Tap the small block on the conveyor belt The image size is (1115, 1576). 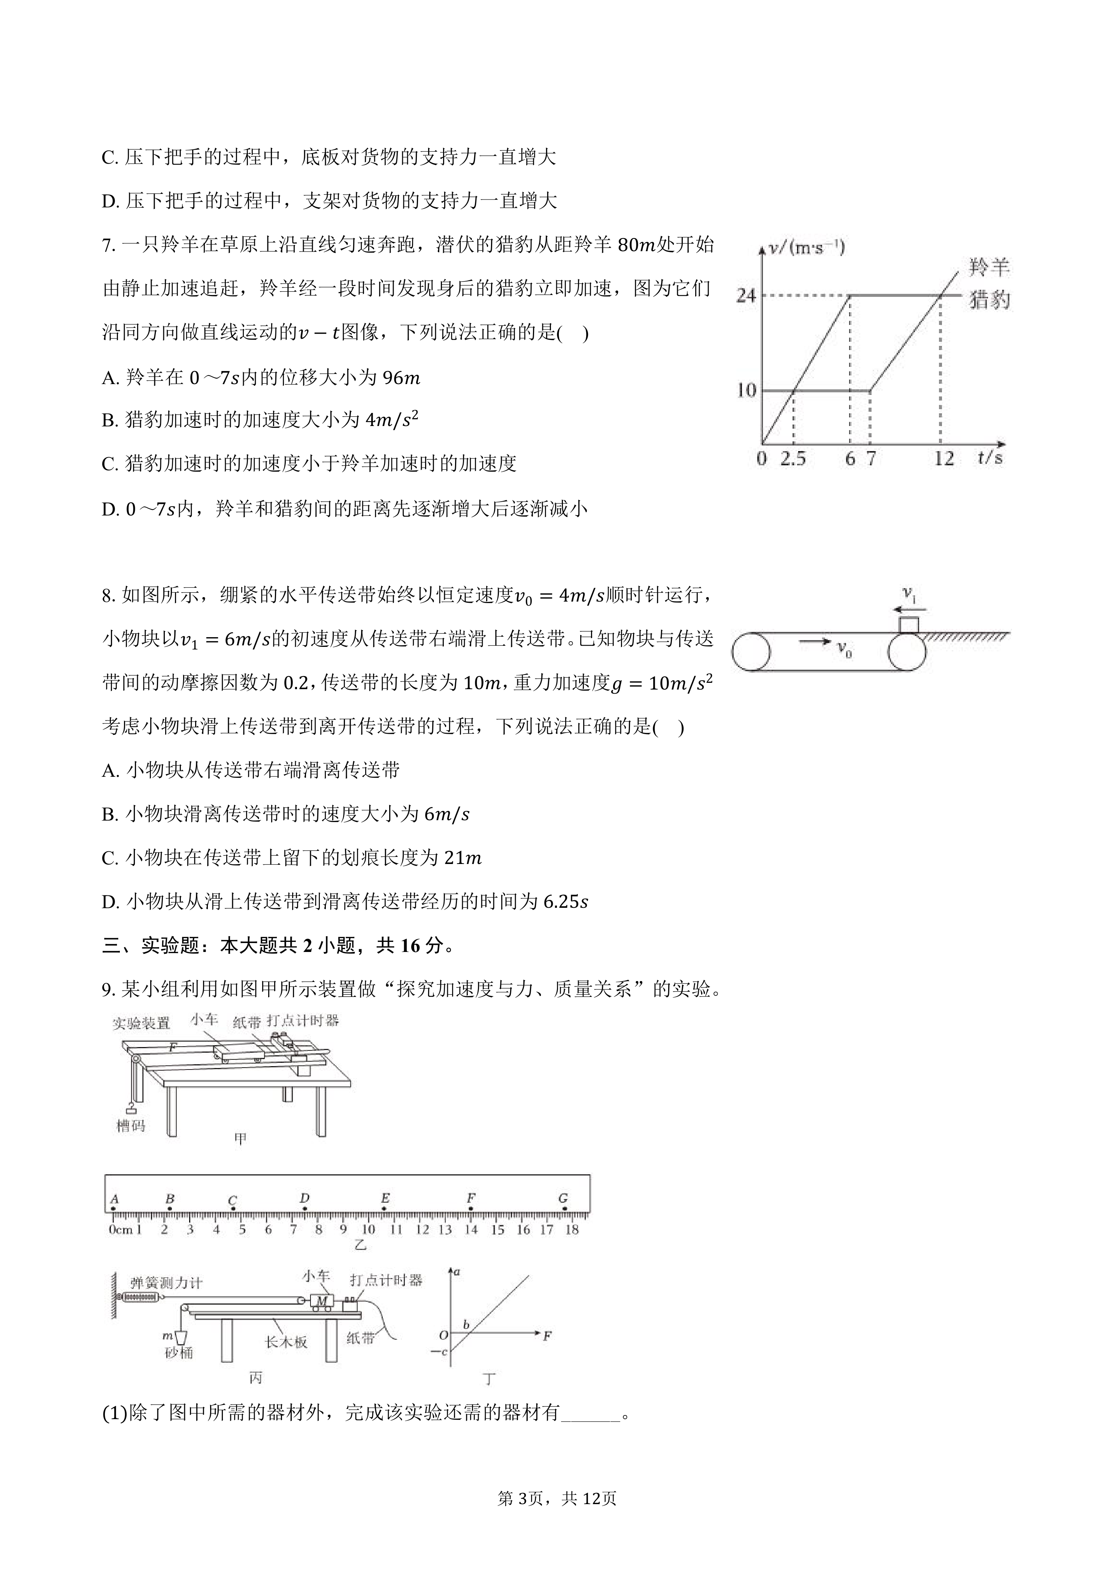point(909,625)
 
